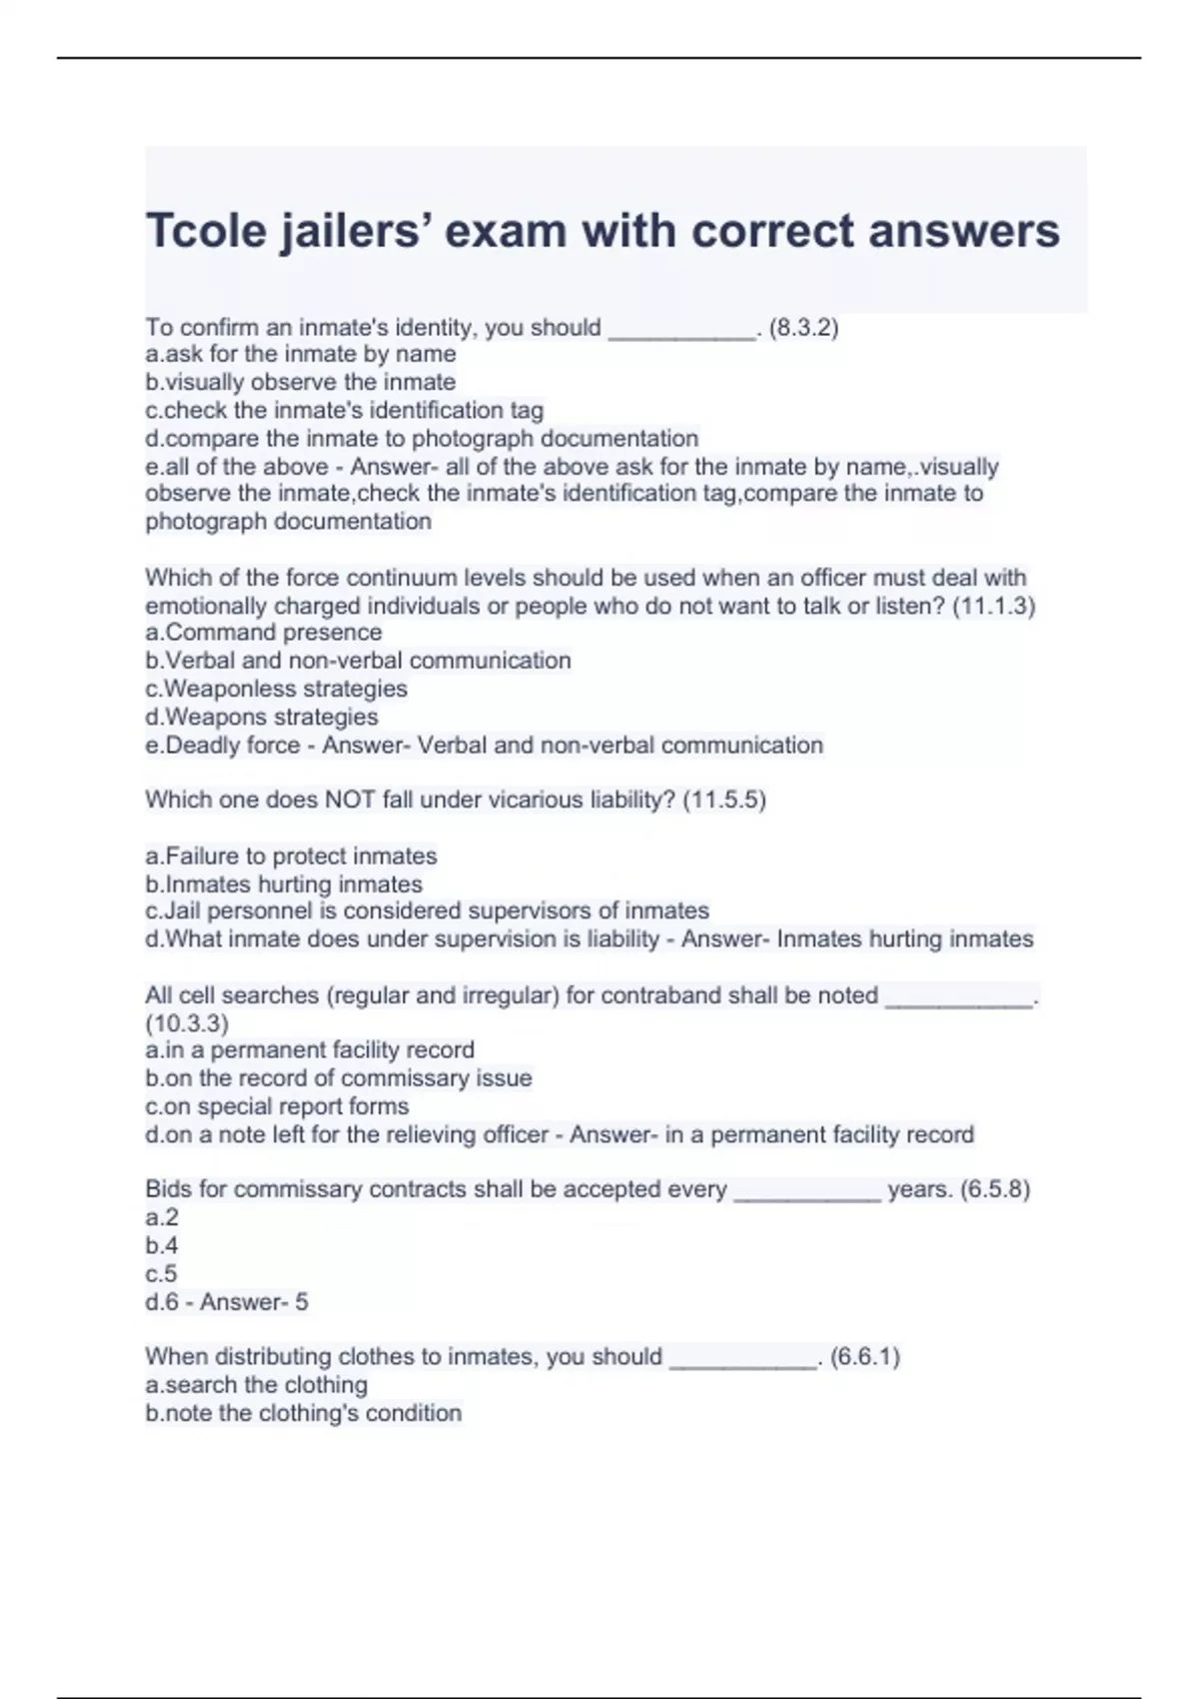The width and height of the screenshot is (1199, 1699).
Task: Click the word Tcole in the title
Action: click(206, 231)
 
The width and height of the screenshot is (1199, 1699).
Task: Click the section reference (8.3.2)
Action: click(803, 328)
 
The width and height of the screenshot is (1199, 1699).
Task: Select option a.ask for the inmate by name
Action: click(301, 354)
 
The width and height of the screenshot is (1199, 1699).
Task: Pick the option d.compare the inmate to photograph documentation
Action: click(422, 438)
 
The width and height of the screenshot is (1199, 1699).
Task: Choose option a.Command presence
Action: click(264, 633)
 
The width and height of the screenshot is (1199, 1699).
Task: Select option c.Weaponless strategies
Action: click(277, 689)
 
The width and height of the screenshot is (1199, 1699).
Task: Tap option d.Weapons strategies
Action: click(262, 717)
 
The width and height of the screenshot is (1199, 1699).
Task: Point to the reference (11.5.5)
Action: click(724, 800)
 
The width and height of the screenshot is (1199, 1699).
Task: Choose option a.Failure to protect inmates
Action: click(292, 855)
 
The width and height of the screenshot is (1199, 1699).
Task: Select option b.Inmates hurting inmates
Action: click(284, 883)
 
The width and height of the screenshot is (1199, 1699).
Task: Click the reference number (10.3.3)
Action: click(187, 1023)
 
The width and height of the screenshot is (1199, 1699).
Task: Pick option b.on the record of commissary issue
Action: click(339, 1078)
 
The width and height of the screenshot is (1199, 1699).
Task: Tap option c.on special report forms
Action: click(277, 1106)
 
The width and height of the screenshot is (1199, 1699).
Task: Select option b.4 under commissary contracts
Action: click(162, 1245)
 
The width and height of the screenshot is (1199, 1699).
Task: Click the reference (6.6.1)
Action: click(865, 1356)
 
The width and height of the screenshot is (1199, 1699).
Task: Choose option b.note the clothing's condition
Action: click(304, 1413)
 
